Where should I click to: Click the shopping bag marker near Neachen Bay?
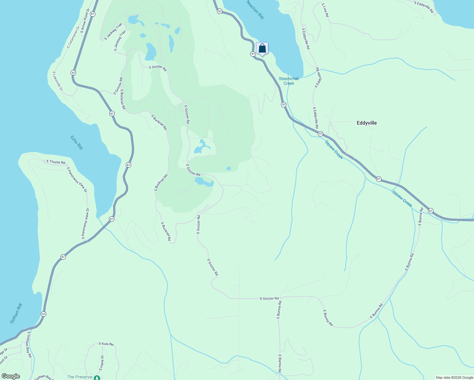coord(262,48)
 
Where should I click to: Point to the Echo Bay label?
coord(77,142)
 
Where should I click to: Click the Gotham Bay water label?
coord(16,313)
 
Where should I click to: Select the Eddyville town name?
coord(367,123)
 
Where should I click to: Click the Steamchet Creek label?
coord(289,81)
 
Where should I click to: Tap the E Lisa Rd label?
coord(325,10)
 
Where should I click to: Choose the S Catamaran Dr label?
coord(73,37)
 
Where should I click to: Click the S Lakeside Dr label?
coord(58,81)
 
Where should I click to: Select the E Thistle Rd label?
coord(56,162)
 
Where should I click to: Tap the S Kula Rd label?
coord(106,344)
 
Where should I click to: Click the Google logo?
coord(10,376)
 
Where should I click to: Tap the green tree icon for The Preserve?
coord(97,378)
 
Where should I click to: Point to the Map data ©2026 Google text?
coord(454,377)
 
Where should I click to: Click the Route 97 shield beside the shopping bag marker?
coord(253,54)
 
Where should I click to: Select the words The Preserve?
coord(80,377)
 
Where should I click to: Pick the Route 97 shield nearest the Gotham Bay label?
coord(43,314)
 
